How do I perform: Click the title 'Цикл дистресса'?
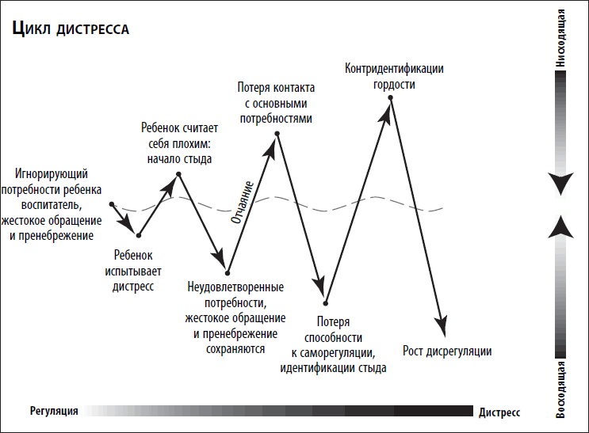point(71,28)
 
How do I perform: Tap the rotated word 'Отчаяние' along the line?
point(243,203)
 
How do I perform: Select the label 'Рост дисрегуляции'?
point(447,351)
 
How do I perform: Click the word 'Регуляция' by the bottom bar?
point(54,412)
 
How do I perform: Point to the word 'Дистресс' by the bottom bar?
point(499,412)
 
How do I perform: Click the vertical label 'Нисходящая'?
point(560,38)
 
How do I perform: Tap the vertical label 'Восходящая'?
point(560,389)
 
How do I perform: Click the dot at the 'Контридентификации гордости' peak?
point(391,97)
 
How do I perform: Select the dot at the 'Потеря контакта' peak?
point(277,134)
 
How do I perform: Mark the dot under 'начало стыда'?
point(179,174)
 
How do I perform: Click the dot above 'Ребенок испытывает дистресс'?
point(139,236)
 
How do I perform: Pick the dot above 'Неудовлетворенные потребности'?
point(228,273)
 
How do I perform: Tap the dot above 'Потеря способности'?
point(325,303)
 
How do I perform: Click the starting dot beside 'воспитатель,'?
point(112,204)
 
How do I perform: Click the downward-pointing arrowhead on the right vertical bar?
point(560,184)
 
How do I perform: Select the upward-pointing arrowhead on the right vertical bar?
point(560,226)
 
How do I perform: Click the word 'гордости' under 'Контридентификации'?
point(394,85)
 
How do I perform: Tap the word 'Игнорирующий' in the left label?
point(52,173)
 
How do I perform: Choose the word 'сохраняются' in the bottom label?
point(235,349)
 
